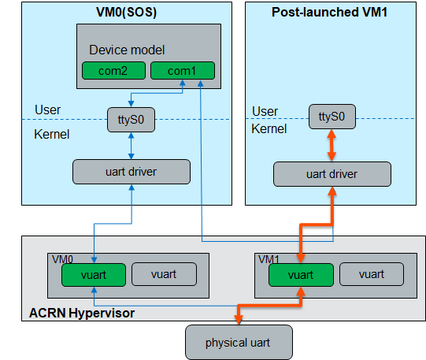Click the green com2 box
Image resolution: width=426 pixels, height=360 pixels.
(113, 71)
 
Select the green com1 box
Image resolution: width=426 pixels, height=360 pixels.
(183, 71)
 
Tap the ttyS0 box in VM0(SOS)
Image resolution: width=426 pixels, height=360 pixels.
(131, 120)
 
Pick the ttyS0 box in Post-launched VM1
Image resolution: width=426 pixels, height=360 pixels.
(332, 117)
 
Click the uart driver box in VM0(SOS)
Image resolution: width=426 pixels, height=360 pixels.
(132, 172)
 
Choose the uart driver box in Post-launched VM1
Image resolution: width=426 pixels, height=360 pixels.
(332, 174)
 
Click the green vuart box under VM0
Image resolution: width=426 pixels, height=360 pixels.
(94, 275)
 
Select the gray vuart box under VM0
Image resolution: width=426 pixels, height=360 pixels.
(164, 274)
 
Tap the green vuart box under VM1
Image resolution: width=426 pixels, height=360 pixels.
(301, 275)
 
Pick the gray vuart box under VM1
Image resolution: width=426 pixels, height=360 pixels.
(372, 274)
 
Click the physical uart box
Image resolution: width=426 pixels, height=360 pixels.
(239, 343)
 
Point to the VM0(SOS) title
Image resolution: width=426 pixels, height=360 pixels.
(126, 13)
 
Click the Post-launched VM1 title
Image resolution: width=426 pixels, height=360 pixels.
(330, 13)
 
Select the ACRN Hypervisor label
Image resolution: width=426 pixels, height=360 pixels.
(82, 313)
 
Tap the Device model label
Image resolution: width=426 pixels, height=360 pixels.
(127, 50)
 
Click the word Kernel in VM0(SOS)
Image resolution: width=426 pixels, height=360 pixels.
(52, 134)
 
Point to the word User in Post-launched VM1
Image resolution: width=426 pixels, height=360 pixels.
(265, 111)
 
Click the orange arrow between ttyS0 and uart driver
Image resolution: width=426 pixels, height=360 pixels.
(332, 146)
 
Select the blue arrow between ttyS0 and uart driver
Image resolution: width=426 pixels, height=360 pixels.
(131, 146)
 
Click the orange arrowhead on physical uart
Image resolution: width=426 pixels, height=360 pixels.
(239, 320)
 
